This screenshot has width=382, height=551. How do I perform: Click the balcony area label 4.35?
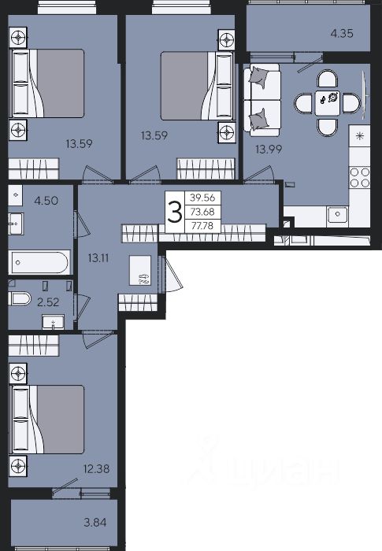point(342,33)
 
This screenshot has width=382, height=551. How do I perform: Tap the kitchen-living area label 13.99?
point(269,150)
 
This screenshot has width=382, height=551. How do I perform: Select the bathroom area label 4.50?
point(46,201)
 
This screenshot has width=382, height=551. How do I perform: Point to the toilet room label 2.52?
point(48,301)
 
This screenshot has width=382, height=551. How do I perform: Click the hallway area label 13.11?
point(98,258)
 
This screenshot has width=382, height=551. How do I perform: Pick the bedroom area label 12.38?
point(96,468)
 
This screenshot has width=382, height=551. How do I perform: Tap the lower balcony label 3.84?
point(95,522)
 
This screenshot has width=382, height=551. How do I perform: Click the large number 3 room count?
point(175,213)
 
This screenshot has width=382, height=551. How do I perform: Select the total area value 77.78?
point(202,226)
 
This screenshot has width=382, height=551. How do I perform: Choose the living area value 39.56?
point(202,198)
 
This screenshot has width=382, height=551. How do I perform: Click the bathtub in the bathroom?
point(39,262)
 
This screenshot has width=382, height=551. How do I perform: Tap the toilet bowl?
point(20,299)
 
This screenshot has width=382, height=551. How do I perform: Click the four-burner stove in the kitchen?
point(360,177)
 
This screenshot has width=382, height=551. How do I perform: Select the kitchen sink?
point(337,213)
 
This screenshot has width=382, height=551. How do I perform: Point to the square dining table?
point(328,103)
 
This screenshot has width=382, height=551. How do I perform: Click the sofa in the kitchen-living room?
point(262,99)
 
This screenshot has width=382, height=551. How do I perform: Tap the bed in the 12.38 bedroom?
point(48,420)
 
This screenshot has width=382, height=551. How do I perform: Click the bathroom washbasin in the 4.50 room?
point(16,224)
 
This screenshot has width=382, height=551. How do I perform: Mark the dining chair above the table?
point(328,80)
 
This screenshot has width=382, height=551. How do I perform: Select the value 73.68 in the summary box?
point(202,212)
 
